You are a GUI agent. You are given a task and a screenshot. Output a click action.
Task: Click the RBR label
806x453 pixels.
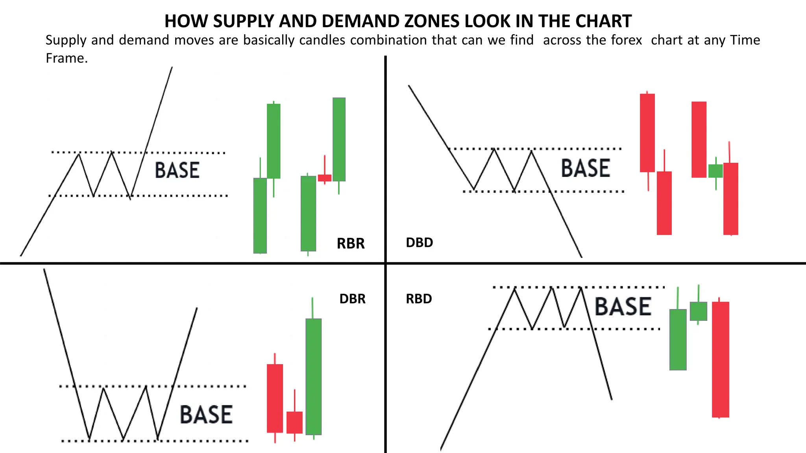[351, 243]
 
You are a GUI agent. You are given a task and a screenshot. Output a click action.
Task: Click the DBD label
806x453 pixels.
[419, 242]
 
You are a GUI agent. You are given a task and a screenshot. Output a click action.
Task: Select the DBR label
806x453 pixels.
[352, 299]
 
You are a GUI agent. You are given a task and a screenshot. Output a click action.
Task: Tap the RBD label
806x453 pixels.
[419, 299]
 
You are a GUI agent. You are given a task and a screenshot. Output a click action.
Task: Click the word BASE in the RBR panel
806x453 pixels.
[177, 170]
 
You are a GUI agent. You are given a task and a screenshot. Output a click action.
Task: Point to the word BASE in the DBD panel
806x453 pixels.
[585, 168]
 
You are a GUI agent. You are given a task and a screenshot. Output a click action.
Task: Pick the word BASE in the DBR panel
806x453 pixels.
[206, 414]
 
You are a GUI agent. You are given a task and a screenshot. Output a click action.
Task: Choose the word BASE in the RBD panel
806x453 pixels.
[623, 307]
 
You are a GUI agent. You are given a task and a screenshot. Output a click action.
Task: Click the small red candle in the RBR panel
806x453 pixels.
[325, 178]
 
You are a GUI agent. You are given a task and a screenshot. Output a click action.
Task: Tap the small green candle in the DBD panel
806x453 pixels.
[715, 171]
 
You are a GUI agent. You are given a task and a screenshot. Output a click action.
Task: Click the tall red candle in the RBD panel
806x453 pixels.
[720, 359]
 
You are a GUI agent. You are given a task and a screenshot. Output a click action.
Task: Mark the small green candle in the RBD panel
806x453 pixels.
[698, 311]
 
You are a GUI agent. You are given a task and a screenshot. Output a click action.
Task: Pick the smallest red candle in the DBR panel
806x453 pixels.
[294, 422]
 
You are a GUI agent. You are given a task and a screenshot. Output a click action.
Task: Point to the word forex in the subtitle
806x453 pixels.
[627, 40]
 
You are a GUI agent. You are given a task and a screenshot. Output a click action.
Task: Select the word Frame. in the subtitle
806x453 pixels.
[67, 58]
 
